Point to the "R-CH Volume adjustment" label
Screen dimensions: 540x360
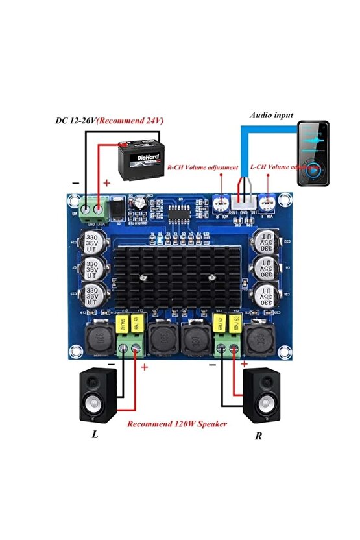click(x=202, y=167)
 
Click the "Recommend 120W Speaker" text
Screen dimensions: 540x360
click(x=176, y=424)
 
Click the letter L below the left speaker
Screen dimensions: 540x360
click(x=95, y=434)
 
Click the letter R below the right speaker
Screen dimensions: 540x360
click(x=258, y=436)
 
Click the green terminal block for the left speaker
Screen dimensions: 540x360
click(x=130, y=350)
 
